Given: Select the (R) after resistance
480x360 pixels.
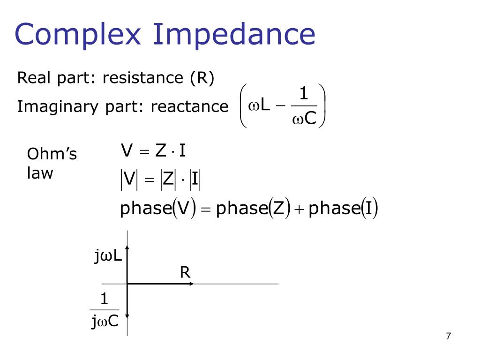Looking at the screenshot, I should coord(202,78).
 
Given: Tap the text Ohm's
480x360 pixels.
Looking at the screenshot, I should coord(52,154).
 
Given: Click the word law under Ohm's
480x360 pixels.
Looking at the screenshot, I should coord(40,173).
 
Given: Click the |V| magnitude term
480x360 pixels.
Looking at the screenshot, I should coord(129,180).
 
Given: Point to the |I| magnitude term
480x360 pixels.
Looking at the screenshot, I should coord(195,180).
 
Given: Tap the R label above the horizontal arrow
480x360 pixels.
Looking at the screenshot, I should coord(185,273).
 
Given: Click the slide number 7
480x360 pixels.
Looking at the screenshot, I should coord(449,336).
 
